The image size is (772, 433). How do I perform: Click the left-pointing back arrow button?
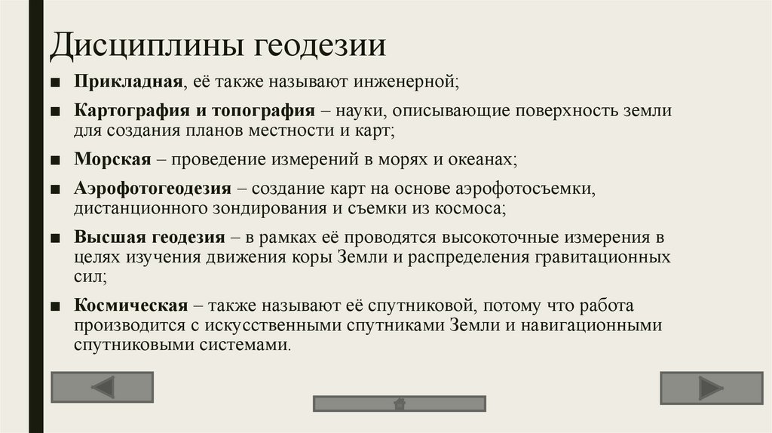(102, 388)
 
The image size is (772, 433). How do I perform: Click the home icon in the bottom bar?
(399, 404)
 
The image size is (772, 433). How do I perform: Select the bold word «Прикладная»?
(129, 80)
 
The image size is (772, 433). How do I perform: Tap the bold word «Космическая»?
(130, 306)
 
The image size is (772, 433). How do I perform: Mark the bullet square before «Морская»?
(57, 160)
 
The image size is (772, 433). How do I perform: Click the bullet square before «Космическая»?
(57, 306)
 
